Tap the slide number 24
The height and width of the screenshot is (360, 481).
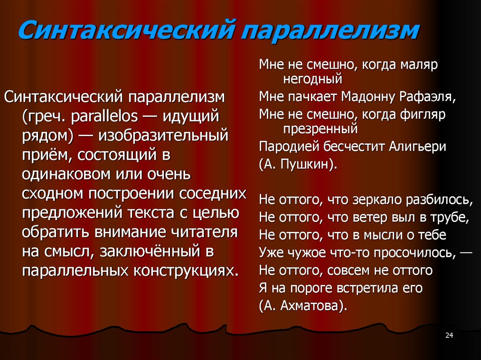click(x=449, y=335)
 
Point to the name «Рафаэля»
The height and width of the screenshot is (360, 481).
click(x=429, y=97)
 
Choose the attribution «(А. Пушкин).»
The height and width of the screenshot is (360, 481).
click(x=298, y=165)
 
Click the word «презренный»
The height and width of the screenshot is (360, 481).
click(x=321, y=128)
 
